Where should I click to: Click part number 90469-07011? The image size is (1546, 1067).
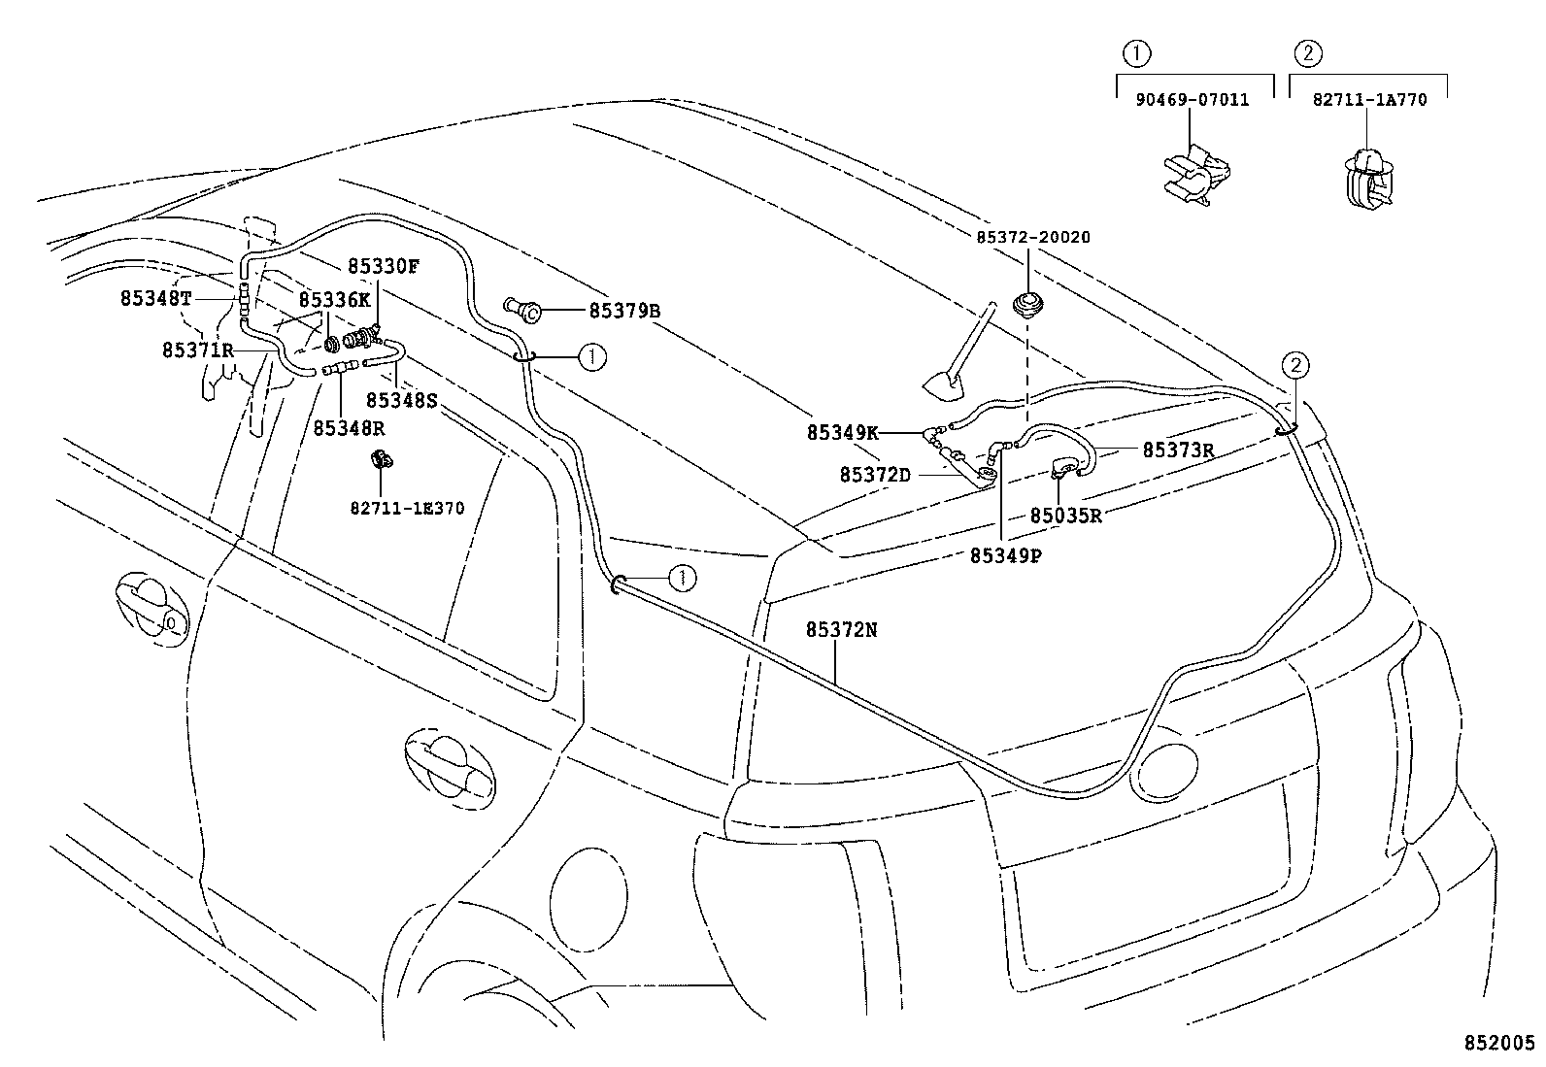click(1192, 99)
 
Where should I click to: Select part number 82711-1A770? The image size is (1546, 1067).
click(1369, 99)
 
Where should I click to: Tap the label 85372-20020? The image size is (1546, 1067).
click(1032, 237)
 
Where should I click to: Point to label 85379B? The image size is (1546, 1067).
click(624, 312)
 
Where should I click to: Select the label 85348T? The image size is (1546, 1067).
click(156, 298)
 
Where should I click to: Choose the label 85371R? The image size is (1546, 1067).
click(198, 349)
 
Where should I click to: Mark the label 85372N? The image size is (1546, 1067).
click(841, 629)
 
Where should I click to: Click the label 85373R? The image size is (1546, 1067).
click(1178, 450)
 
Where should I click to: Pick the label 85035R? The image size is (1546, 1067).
click(1065, 516)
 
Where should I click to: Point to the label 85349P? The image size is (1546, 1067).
click(1005, 555)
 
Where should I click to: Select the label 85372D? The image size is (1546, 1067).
click(875, 474)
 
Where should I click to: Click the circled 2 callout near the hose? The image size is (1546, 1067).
click(1297, 366)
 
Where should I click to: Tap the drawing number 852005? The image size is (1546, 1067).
click(1499, 1044)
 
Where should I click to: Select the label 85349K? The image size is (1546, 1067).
click(842, 432)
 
